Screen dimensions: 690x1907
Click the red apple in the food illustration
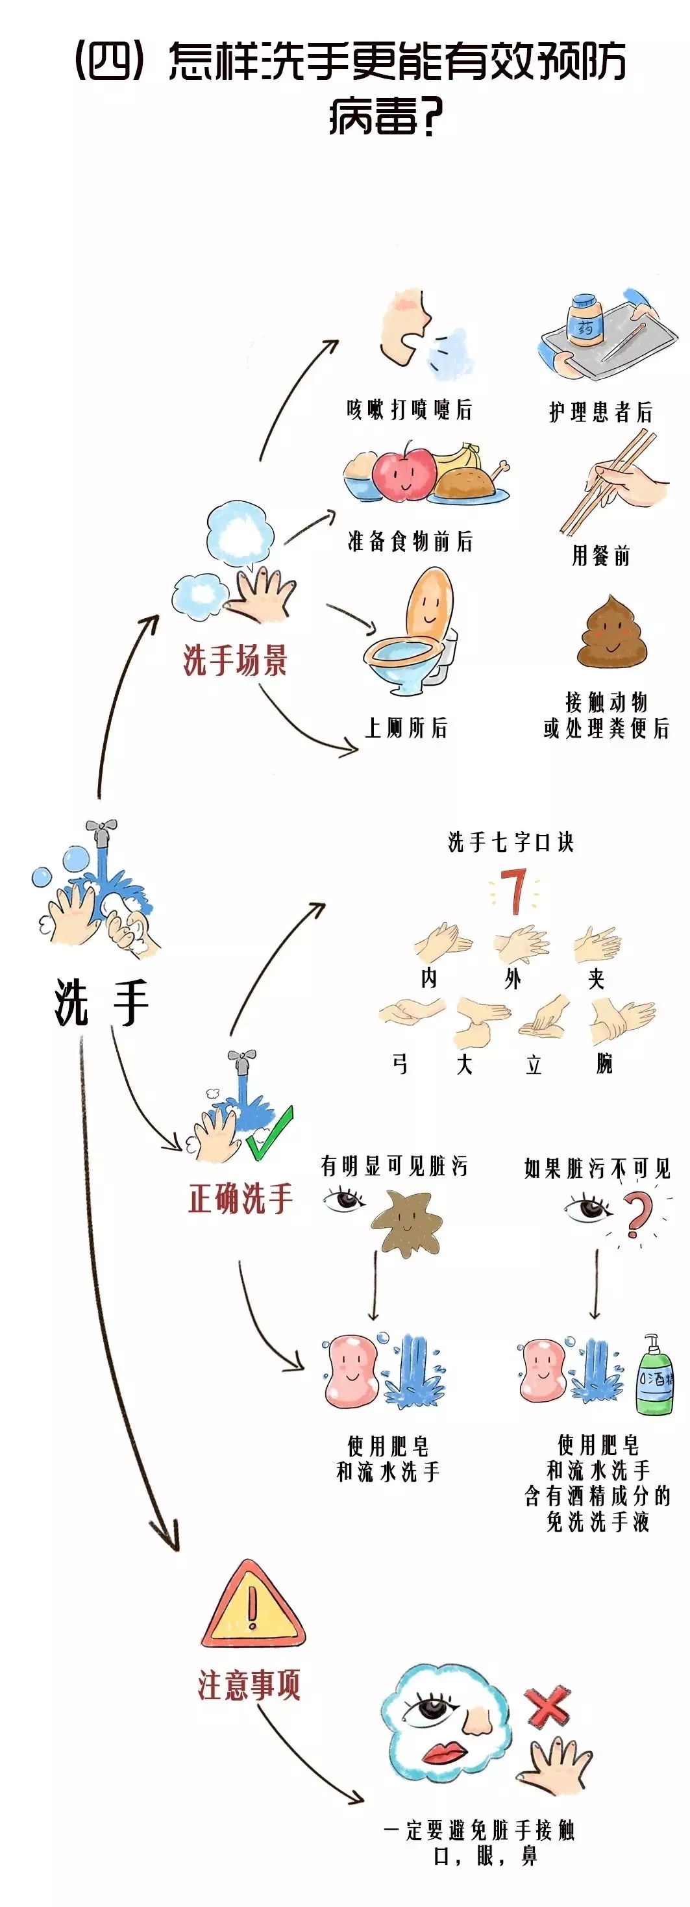tap(404, 471)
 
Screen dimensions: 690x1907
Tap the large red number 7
tap(512, 892)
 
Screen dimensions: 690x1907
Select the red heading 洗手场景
tap(235, 660)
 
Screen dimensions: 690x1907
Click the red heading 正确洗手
tap(241, 1197)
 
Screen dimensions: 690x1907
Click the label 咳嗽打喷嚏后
tap(410, 409)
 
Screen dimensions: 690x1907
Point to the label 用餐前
tap(600, 555)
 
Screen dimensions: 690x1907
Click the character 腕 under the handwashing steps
tap(604, 1064)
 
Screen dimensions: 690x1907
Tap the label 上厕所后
tap(406, 728)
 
